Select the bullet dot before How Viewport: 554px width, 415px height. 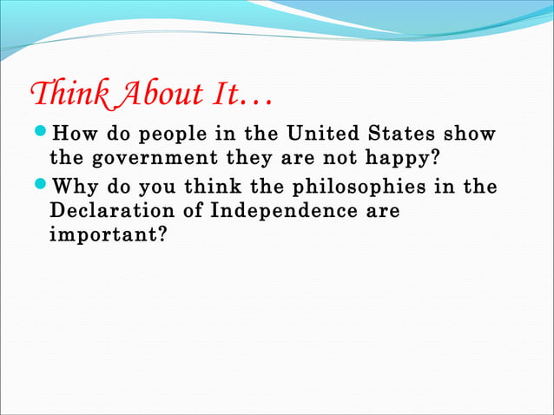click(41, 135)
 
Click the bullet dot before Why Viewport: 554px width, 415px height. click(41, 187)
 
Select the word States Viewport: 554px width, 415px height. click(406, 135)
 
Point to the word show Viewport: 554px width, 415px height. click(473, 135)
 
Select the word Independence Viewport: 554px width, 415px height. click(279, 211)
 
